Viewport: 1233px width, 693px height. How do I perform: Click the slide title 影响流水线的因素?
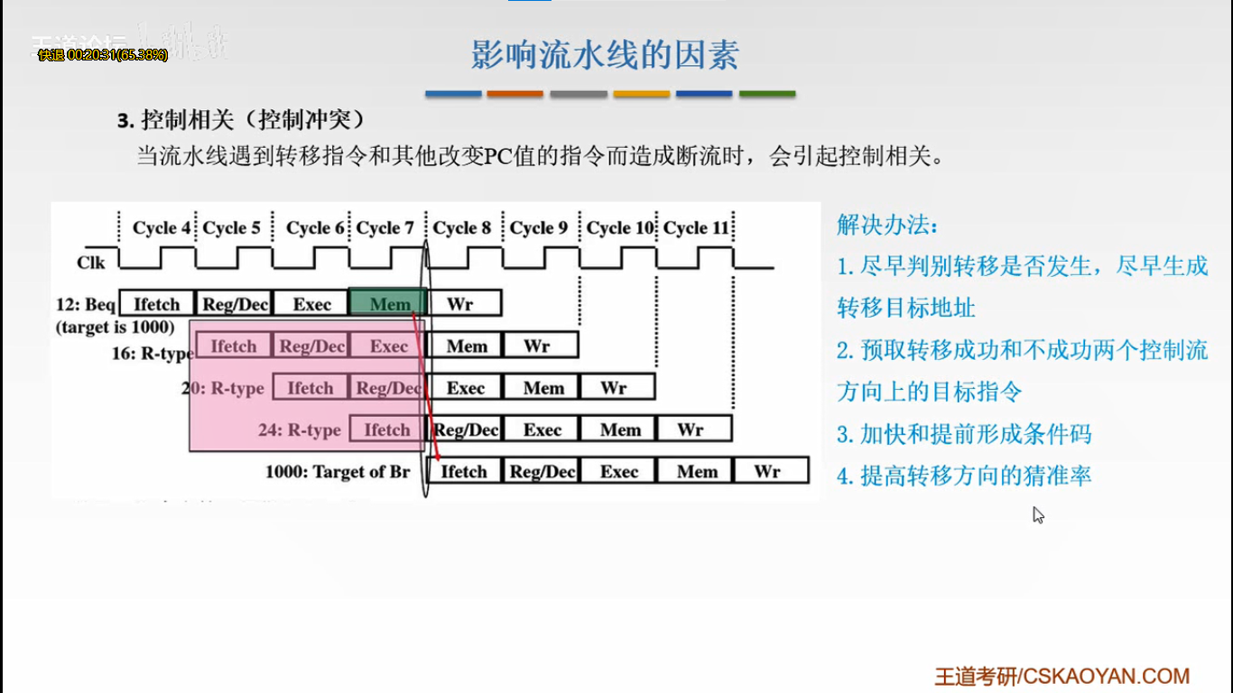(605, 55)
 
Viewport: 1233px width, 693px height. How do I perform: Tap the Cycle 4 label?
(162, 228)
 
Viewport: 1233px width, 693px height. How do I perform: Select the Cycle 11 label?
(696, 228)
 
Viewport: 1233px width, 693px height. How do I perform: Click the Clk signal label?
(91, 263)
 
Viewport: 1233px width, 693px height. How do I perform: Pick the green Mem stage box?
(388, 304)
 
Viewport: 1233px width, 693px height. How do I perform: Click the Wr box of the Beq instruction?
(462, 304)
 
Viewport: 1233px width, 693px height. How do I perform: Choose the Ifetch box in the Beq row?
(157, 304)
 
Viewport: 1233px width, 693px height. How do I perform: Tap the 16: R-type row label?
(152, 354)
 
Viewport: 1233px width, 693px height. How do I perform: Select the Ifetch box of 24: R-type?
(387, 430)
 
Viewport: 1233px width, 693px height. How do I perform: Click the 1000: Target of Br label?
(338, 472)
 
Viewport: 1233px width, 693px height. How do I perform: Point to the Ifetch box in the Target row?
(464, 471)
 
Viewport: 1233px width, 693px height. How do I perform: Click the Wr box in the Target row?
(769, 471)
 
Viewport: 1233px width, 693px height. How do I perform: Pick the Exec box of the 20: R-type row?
(466, 388)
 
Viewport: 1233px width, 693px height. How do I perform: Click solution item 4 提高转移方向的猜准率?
(964, 476)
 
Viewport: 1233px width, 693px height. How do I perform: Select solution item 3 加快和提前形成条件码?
(964, 434)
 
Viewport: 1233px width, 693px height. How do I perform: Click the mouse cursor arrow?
(1037, 514)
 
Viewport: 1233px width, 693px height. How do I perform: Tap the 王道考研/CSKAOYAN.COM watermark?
(1061, 676)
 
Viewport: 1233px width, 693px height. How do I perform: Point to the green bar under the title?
(767, 94)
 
